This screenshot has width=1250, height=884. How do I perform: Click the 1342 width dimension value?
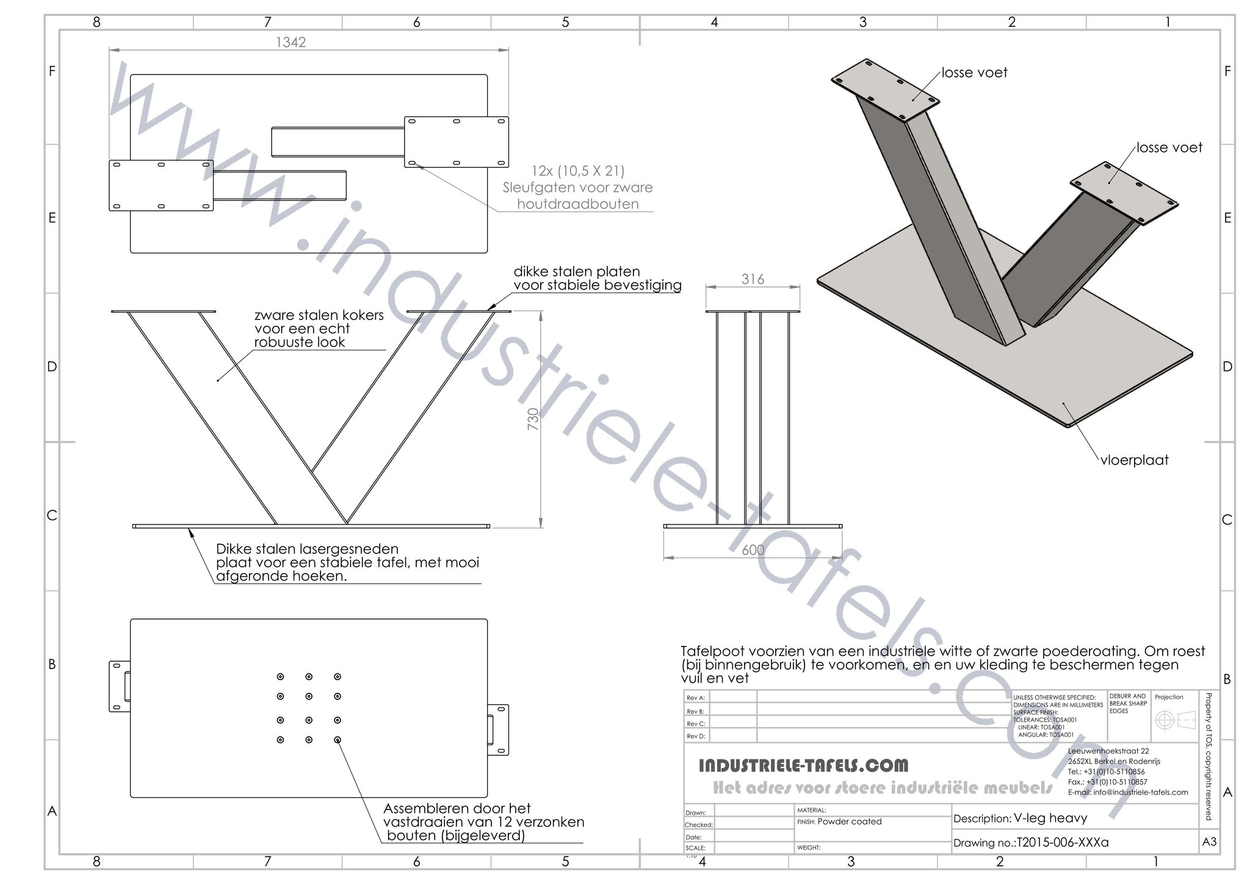[291, 42]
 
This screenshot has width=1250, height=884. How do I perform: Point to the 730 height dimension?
[533, 419]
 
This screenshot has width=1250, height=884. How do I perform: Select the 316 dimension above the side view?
[753, 279]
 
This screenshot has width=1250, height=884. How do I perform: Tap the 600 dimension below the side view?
[753, 549]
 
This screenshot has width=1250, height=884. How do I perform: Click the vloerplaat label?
[1134, 460]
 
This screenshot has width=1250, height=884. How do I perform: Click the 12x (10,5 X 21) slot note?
[577, 171]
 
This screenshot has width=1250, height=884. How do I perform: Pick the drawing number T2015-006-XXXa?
[1061, 842]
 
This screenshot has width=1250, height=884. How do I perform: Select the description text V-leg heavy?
[1050, 818]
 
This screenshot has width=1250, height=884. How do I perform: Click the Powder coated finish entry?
[849, 822]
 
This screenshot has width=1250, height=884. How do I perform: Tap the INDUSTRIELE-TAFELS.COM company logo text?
[803, 765]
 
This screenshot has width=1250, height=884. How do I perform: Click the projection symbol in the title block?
[1174, 720]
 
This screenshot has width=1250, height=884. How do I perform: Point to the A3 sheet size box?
[1208, 842]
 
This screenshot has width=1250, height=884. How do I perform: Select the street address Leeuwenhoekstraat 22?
[1108, 751]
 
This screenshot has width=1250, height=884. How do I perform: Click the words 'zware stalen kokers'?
[319, 315]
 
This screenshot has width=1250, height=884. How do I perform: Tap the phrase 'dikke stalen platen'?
[576, 272]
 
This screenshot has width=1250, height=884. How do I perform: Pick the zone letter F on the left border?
[52, 71]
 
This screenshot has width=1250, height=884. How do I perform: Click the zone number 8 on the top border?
[96, 22]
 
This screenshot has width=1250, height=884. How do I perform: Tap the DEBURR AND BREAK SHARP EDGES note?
[1127, 703]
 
